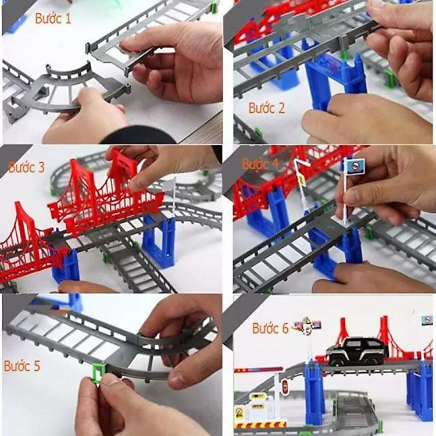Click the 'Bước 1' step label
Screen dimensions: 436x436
pyautogui.click(x=53, y=19)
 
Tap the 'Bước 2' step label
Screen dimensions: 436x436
pyautogui.click(x=267, y=108)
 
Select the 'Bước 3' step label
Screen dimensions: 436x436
pyautogui.click(x=26, y=167)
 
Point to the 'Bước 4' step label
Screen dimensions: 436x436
pyautogui.click(x=260, y=165)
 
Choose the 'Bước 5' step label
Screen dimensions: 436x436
pyautogui.click(x=22, y=366)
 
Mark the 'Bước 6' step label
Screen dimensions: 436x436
pyautogui.click(x=270, y=328)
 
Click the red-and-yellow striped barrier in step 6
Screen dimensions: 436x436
pyautogui.click(x=256, y=425)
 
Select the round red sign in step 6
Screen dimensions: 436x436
pyautogui.click(x=285, y=387)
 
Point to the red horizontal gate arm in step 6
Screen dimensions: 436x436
pyautogui.click(x=259, y=370)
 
